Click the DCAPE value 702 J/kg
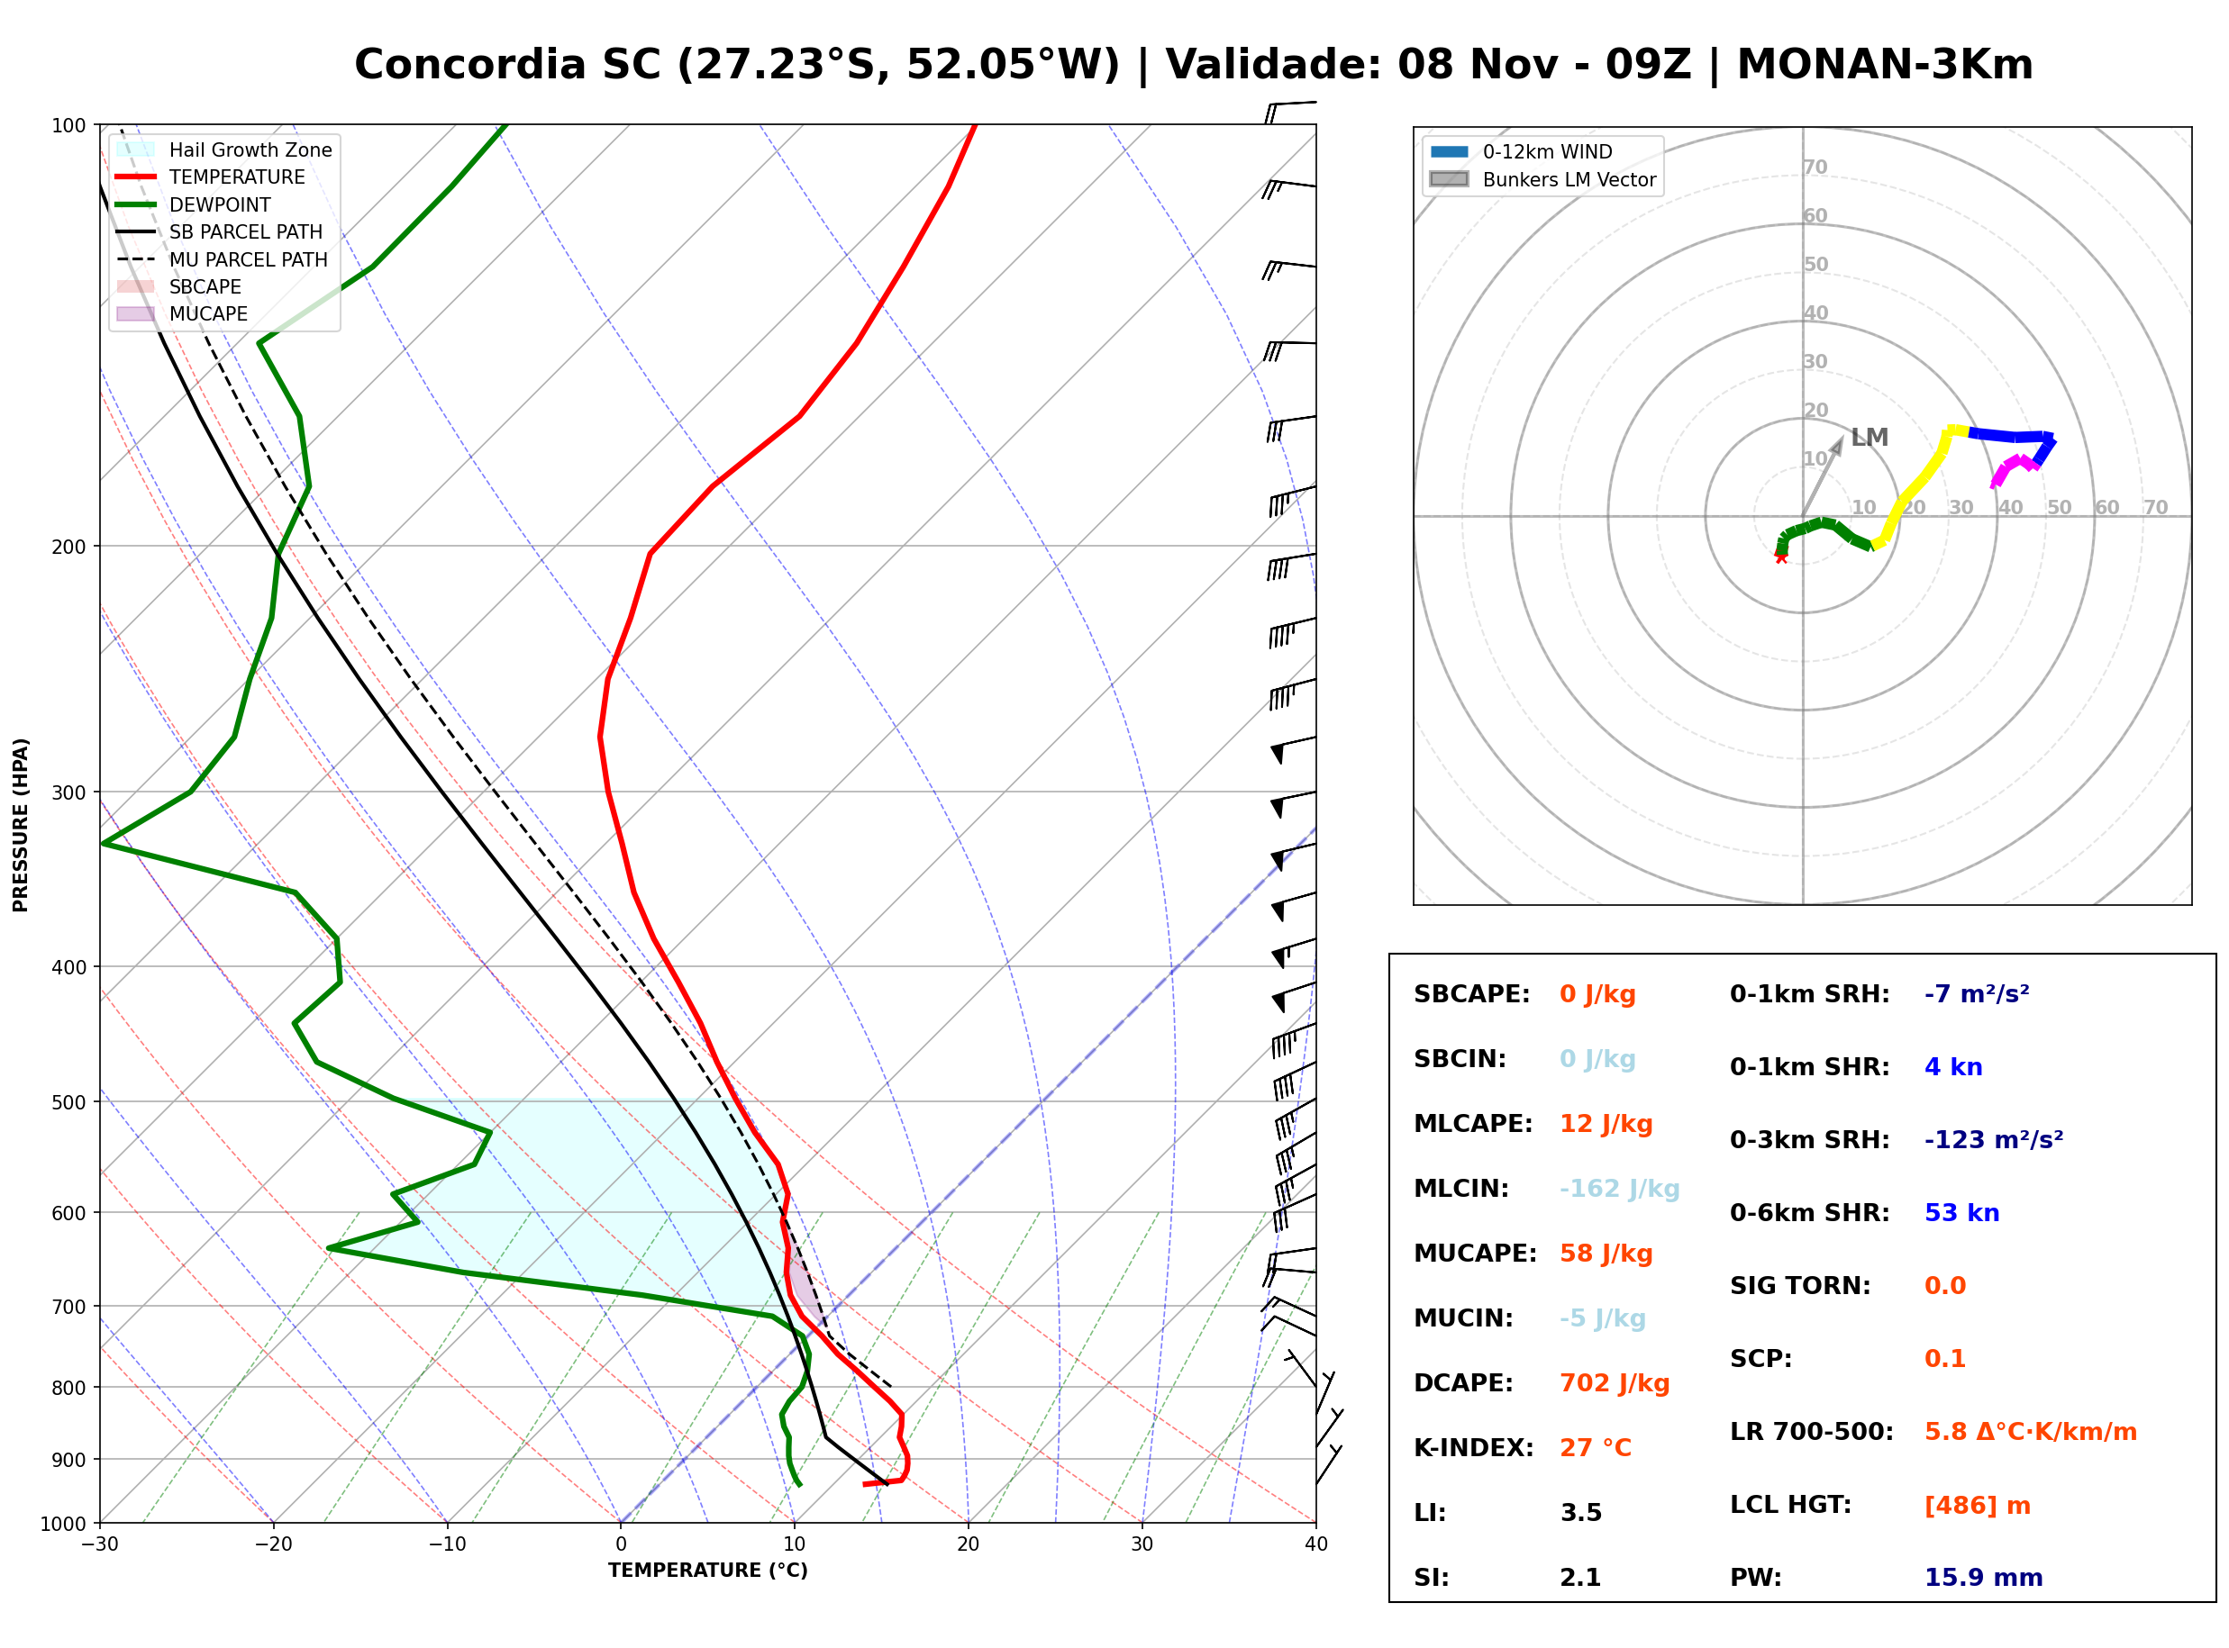coord(1615,1383)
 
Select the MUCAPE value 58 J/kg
coord(1606,1254)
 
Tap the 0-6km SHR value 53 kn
coord(1961,1213)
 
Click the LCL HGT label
coord(1791,1504)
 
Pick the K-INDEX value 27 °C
coord(1596,1448)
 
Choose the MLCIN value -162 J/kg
coord(1619,1189)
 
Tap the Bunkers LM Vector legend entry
coord(1542,179)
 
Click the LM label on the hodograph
coord(1870,438)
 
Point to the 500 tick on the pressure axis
coord(68,1102)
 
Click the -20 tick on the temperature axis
coord(272,1544)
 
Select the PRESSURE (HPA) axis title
coord(21,825)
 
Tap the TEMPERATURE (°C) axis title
coord(707,1571)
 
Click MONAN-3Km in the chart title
coord(1885,65)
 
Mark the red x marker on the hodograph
coord(1781,557)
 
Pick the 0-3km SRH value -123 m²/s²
coord(1994,1139)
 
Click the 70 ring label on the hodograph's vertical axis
coord(1815,168)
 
